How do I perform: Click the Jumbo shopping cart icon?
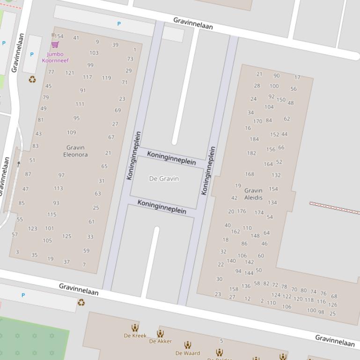point(55,44)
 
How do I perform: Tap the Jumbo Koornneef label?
point(55,57)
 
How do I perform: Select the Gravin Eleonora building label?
point(75,151)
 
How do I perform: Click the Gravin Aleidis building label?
point(253,194)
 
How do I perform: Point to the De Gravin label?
point(164,179)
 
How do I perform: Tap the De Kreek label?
point(135,336)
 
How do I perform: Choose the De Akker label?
point(161,341)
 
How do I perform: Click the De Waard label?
point(188,353)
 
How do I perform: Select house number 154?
point(59,36)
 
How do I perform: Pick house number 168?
point(250,174)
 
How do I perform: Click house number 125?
point(67,236)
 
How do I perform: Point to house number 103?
point(94,53)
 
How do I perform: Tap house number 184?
point(254,139)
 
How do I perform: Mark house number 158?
point(234,289)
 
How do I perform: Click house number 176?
point(242,211)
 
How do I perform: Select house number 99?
point(90,65)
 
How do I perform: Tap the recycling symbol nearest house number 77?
point(32,79)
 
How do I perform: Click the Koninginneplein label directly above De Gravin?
point(171,158)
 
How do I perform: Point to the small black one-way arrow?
point(19,163)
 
